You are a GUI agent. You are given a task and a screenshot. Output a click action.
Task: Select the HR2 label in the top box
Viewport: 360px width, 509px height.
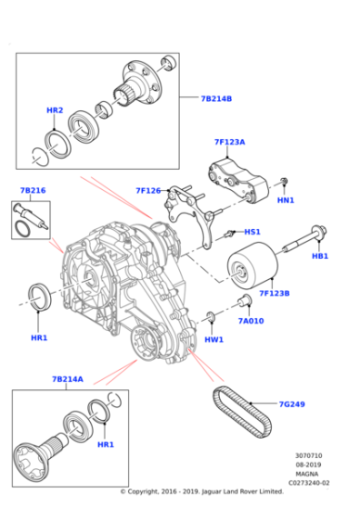(x=55, y=110)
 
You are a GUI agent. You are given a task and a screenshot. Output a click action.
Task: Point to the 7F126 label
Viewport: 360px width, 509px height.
(x=148, y=191)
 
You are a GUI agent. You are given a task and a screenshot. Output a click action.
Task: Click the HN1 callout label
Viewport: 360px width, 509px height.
(x=285, y=200)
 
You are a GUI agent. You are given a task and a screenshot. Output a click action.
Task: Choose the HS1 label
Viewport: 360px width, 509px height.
(x=252, y=232)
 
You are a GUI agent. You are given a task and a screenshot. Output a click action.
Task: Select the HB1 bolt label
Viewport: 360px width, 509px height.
(x=320, y=256)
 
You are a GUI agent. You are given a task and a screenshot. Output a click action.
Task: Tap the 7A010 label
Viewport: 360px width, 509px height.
(x=250, y=320)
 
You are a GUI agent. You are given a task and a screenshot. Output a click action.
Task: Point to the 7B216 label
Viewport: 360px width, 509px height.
(x=33, y=191)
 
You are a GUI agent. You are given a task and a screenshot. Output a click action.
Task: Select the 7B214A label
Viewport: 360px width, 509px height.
(x=69, y=380)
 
